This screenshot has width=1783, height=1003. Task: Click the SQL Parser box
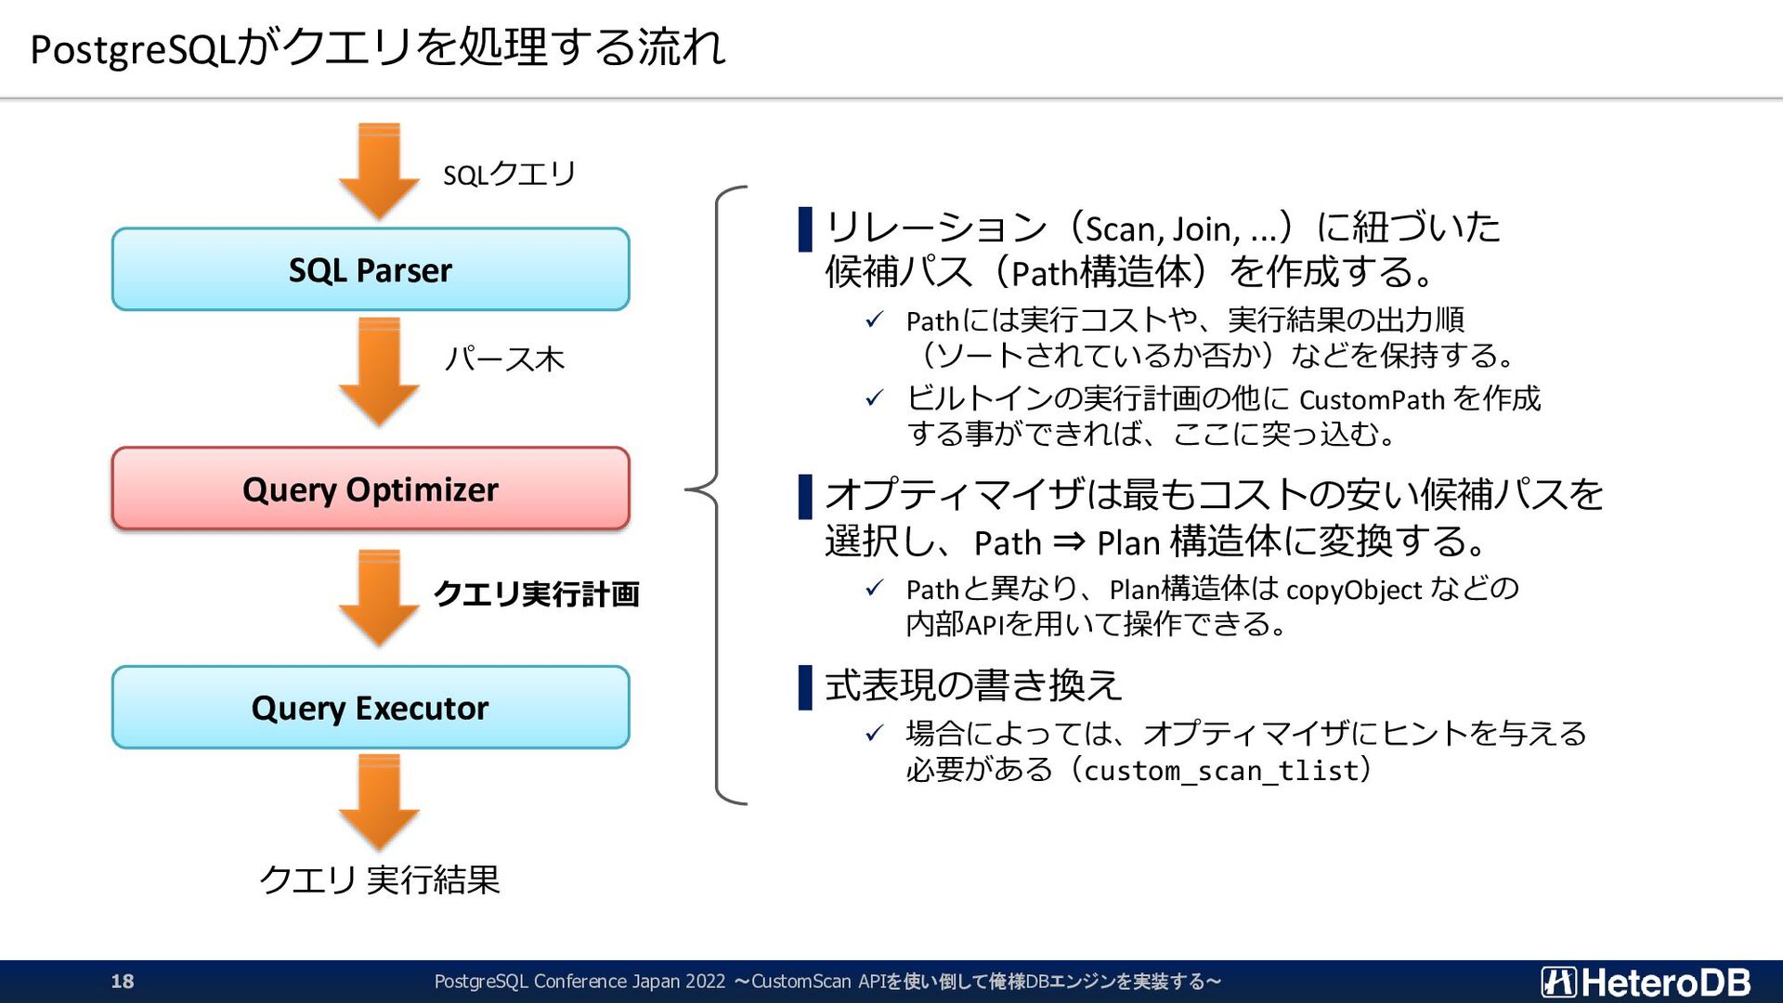(371, 269)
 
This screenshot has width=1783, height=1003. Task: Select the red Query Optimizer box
(371, 488)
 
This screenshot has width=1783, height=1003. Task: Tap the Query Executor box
(371, 708)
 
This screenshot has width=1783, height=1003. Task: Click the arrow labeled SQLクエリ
(379, 172)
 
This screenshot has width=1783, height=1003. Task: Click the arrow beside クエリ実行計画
(379, 596)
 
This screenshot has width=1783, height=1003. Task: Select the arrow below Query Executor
(379, 801)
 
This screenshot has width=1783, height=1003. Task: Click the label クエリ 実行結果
(379, 879)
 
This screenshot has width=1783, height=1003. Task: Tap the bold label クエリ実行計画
(537, 594)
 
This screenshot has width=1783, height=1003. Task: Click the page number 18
(123, 982)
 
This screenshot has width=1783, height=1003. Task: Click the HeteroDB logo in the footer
(1646, 982)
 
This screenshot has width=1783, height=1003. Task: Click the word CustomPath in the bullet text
(1372, 400)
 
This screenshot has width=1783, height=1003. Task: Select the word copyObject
(1353, 590)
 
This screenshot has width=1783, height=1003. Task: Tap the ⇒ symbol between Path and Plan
(1069, 541)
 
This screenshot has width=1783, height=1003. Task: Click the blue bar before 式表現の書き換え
(805, 687)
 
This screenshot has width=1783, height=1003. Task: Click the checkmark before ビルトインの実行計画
(874, 399)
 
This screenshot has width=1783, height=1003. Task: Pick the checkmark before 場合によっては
(874, 734)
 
